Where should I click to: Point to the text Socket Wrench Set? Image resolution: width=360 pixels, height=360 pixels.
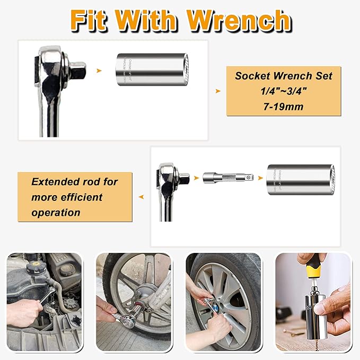284,76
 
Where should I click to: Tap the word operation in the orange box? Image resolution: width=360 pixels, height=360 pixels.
56,212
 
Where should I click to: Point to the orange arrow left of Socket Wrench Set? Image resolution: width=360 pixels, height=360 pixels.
217,91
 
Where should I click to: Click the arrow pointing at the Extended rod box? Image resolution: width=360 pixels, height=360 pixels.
141,197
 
